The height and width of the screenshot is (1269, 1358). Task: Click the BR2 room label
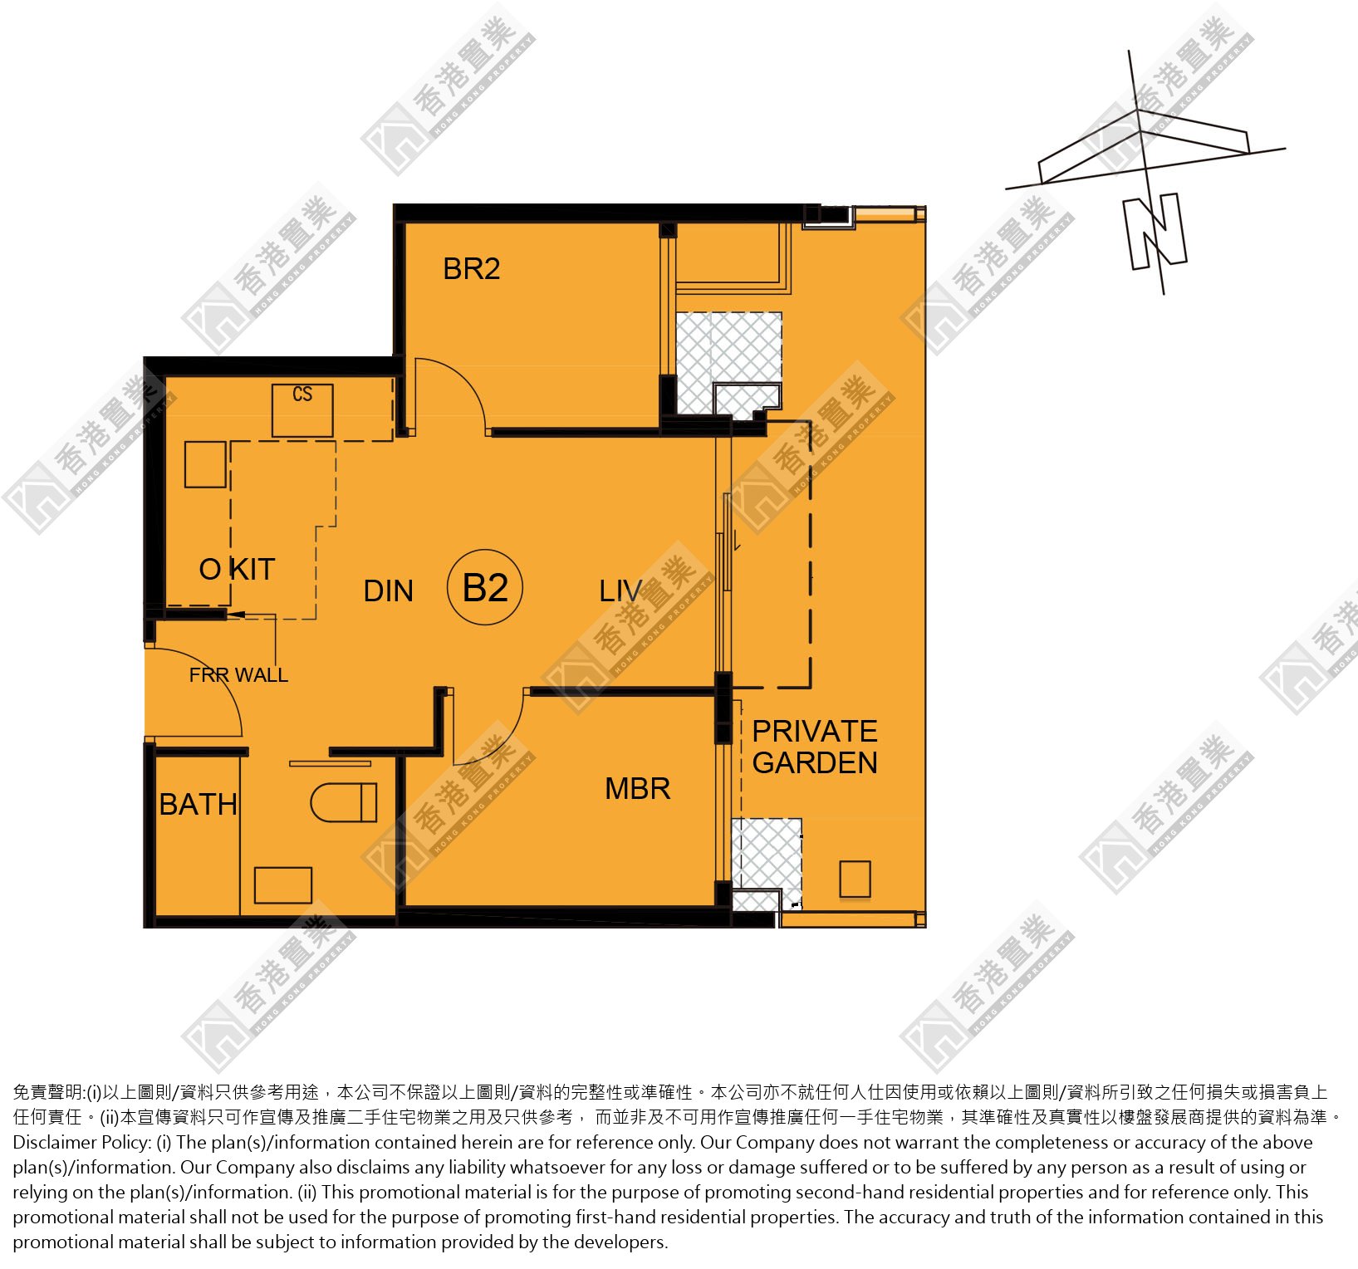tap(471, 269)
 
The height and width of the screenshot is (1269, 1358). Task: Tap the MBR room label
tap(637, 788)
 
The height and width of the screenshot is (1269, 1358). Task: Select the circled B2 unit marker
tap(485, 587)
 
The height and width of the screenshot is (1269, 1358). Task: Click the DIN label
tap(388, 590)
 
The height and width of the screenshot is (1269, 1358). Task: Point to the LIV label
tap(620, 590)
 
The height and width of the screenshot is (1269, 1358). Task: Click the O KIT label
tap(237, 569)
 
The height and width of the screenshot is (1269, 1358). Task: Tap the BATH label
tap(198, 804)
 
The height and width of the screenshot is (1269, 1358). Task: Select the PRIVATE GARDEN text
tap(814, 747)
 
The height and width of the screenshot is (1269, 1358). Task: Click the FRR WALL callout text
tap(238, 675)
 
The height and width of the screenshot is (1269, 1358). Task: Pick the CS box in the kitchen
tap(302, 410)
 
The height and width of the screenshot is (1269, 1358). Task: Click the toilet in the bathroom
tap(343, 803)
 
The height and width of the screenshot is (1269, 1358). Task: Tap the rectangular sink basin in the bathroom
tap(283, 885)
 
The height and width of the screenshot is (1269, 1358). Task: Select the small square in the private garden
tap(855, 879)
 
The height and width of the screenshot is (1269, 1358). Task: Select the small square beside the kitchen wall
tap(205, 464)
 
